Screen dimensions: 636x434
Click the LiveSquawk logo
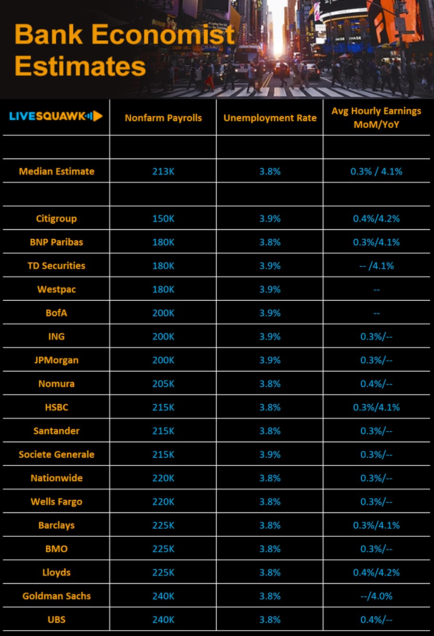coord(56,116)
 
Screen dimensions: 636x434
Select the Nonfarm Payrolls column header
coord(163,118)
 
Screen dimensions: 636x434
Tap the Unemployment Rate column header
coord(270,118)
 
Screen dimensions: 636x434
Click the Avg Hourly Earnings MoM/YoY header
coord(376,118)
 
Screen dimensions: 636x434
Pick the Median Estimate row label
coord(56,171)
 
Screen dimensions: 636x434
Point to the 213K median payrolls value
coord(163,171)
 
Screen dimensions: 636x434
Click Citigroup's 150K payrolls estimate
coord(163,218)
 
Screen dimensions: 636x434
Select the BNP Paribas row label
coord(56,242)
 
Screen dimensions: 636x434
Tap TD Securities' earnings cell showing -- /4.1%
coord(376,266)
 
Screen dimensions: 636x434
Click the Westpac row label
coord(56,289)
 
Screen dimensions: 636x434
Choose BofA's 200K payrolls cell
coord(163,313)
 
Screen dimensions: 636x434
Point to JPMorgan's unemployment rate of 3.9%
coord(270,360)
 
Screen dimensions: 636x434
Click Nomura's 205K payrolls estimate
coord(163,383)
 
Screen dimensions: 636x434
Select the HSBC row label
coord(56,407)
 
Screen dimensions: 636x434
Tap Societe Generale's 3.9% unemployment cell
coord(270,454)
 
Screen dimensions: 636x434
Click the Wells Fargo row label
coord(56,502)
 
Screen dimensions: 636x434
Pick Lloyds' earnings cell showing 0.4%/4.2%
coord(376,572)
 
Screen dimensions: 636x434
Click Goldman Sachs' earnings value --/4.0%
coord(376,596)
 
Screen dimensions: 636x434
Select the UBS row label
coord(56,619)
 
